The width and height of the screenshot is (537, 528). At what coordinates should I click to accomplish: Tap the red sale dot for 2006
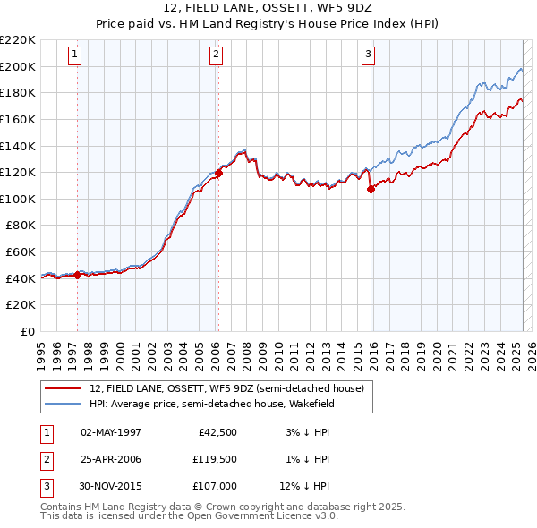click(218, 172)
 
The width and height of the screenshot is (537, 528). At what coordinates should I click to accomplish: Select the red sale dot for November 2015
click(371, 189)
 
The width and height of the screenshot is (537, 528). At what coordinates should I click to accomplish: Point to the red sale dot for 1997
click(77, 275)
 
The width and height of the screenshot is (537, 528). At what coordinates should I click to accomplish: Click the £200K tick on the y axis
click(18, 66)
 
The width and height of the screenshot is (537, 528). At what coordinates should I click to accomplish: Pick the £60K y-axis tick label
click(21, 251)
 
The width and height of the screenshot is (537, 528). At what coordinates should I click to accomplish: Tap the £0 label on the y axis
click(27, 331)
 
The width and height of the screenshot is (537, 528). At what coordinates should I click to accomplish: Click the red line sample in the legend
click(63, 389)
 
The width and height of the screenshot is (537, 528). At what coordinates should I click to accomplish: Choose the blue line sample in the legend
click(63, 403)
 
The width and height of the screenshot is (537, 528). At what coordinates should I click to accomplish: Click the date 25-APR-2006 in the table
click(111, 459)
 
